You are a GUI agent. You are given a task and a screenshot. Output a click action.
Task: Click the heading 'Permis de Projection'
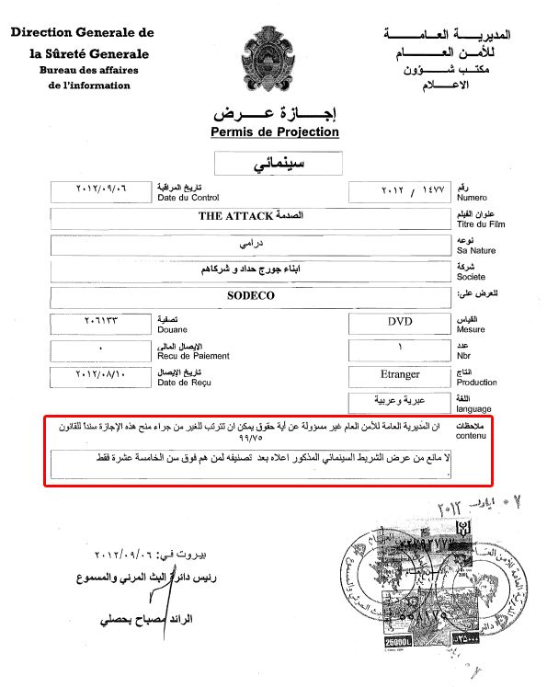point(274,132)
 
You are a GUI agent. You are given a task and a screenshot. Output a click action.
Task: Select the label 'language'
point(474,409)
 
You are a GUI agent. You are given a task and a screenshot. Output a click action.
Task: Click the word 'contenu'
point(473,436)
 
